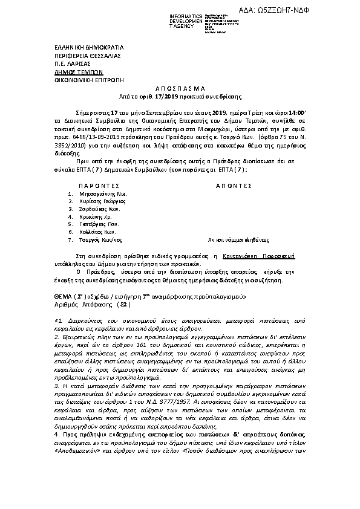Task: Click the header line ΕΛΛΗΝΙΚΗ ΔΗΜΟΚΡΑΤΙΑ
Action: pos(79,47)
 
